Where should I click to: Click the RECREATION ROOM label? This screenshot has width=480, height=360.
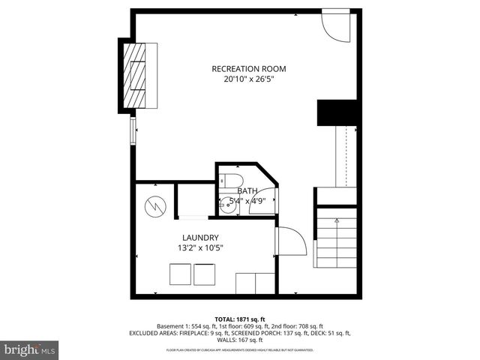coord(249,69)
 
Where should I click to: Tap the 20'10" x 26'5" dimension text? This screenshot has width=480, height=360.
coord(249,79)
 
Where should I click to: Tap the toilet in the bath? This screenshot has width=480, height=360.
coord(229,180)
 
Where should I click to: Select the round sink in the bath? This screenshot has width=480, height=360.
coord(228,202)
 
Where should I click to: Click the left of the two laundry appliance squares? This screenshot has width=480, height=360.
coord(180,274)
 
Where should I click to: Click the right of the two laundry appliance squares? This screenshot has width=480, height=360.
coord(205,274)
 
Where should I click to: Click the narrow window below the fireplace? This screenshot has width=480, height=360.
coord(133,130)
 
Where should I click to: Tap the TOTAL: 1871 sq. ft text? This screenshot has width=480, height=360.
coord(239,319)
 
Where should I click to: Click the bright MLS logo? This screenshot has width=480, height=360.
coord(30,349)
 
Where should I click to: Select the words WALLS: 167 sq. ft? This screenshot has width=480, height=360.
coord(239,340)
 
